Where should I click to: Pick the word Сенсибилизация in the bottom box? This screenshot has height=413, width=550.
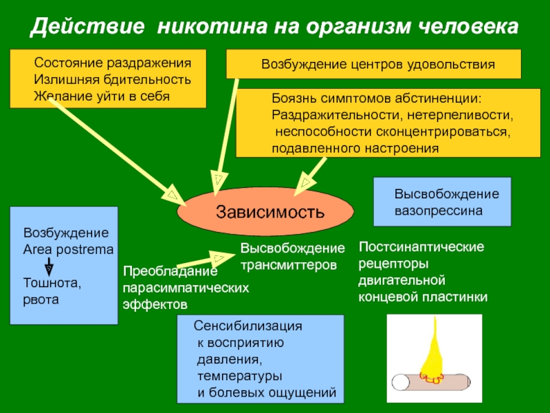pyautogui.click(x=248, y=326)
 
